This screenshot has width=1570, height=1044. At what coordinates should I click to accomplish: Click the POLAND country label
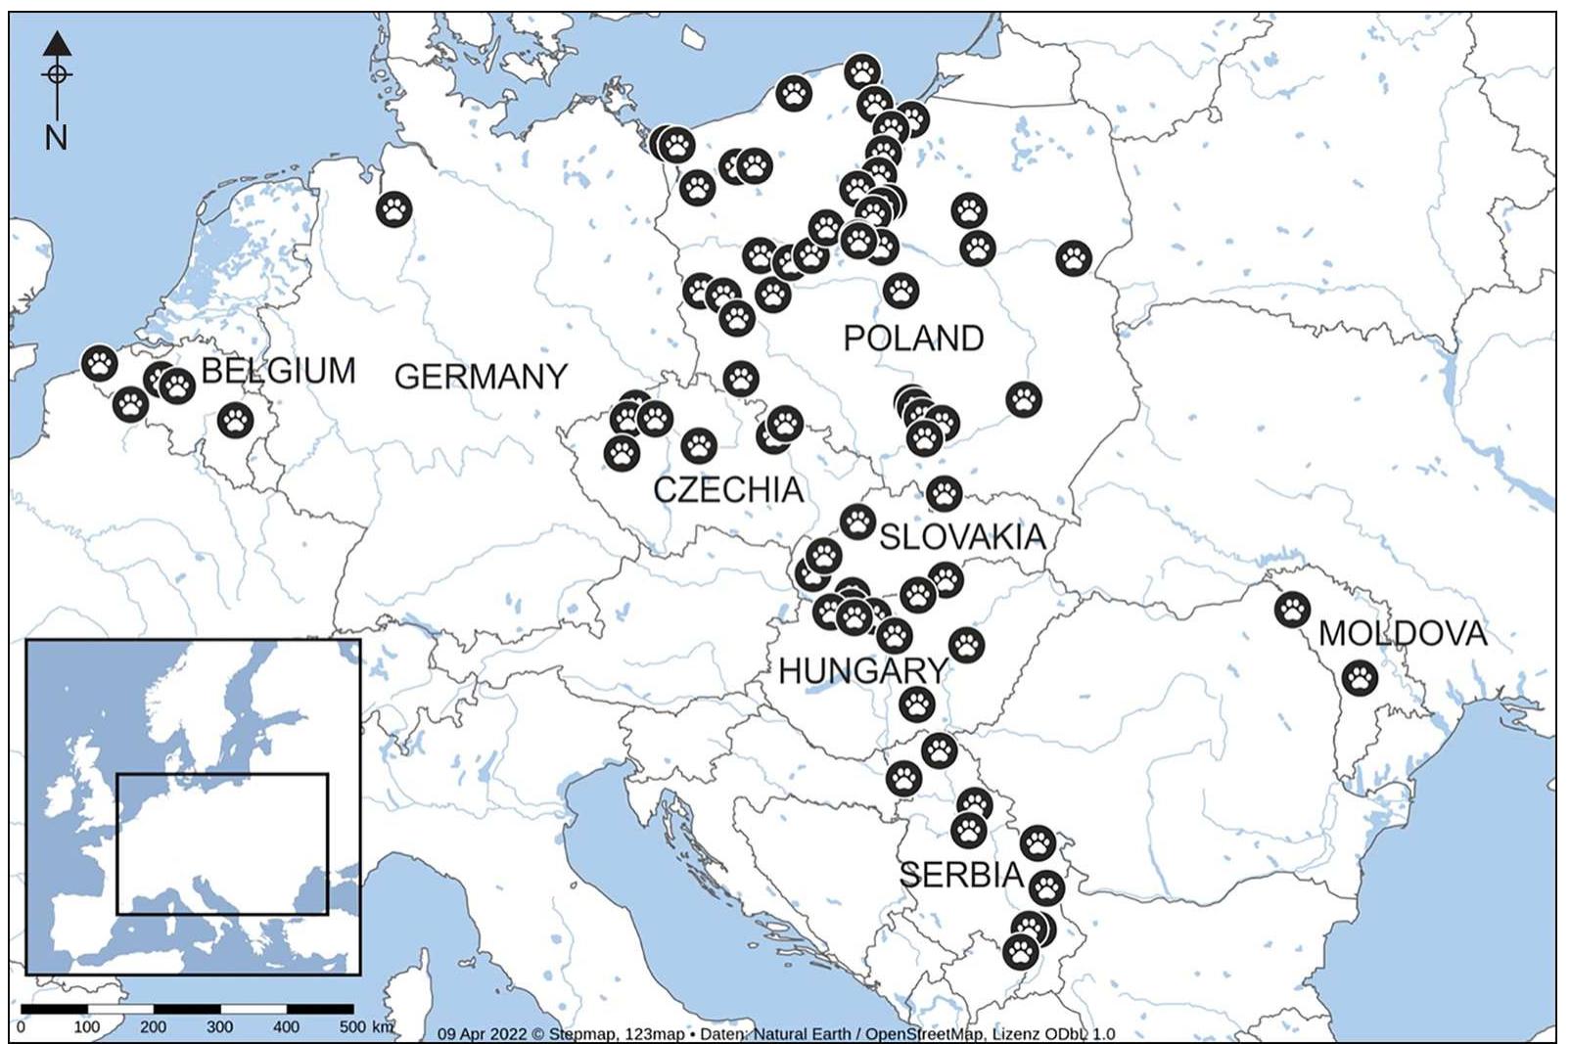pos(913,339)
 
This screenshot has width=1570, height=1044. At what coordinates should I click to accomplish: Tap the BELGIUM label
pos(278,371)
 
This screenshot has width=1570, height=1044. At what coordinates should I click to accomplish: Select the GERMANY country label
pos(481,377)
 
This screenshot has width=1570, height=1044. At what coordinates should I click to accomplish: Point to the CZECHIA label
pos(728,489)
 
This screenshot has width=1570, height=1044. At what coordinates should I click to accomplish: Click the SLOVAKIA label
pos(963,536)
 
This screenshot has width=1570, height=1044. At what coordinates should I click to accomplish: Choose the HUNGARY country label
pos(862,671)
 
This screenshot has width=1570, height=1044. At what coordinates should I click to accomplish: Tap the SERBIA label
pos(961,875)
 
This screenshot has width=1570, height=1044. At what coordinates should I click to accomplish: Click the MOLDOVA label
pos(1403,634)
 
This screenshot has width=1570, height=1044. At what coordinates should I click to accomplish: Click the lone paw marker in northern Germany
pos(393,208)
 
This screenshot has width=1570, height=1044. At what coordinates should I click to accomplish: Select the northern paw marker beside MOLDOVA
pos(1292,610)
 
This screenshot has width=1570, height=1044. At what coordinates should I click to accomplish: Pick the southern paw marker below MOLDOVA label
pos(1359,677)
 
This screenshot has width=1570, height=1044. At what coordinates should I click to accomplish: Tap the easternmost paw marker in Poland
pos(1074,258)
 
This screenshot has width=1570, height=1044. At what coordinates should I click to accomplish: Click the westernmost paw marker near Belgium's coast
pos(99,363)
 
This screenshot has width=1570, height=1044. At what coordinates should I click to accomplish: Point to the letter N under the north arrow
pos(56,138)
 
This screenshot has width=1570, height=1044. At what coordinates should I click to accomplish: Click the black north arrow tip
pos(57,41)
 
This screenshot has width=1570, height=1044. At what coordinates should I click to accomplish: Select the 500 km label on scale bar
pos(366,1027)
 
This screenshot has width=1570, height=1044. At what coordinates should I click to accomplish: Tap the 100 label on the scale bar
pos(86,1027)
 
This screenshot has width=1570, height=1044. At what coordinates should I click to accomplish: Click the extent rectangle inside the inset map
pos(222,843)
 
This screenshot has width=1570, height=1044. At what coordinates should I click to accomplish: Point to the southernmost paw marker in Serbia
pos(1020,951)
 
